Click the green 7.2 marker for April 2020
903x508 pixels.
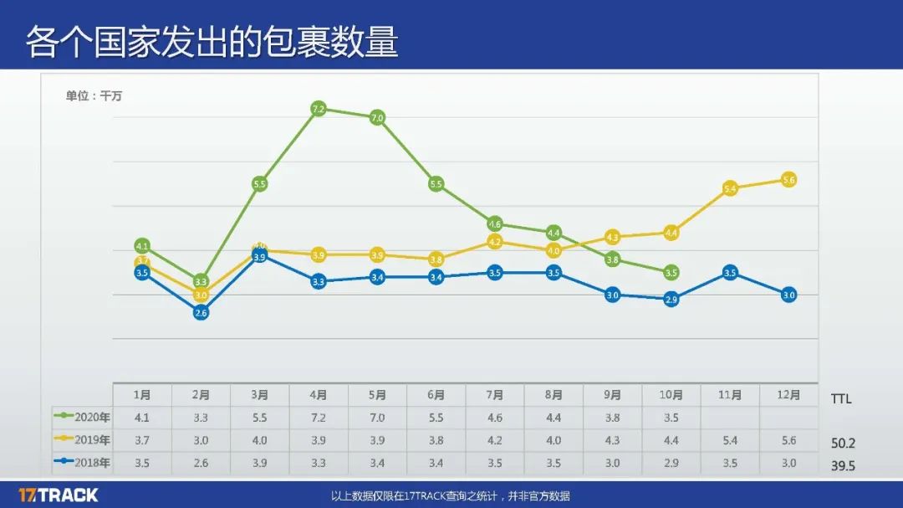click(318, 109)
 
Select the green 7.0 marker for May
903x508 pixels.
click(377, 118)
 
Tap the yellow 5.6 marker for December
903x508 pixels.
click(788, 179)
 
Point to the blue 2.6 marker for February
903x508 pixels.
click(201, 312)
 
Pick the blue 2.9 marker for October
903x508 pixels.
click(671, 299)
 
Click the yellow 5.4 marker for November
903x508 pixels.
click(730, 188)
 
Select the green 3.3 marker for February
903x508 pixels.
click(201, 281)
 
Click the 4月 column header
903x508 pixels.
click(319, 395)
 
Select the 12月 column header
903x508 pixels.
click(788, 395)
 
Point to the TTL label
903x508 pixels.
click(841, 398)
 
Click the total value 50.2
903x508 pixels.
click(843, 444)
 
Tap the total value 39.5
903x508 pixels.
click(843, 466)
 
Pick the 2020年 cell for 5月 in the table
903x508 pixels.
click(377, 418)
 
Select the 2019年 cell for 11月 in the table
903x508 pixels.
click(730, 440)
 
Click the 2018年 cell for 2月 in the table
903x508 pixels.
click(201, 463)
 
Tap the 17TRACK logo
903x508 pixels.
click(58, 495)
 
